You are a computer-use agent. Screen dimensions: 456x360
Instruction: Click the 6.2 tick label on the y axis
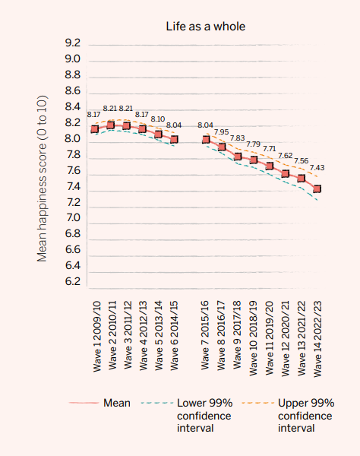coord(73,281)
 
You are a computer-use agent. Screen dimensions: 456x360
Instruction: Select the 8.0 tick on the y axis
coord(73,139)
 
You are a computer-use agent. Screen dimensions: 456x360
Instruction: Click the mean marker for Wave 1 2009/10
coord(94,129)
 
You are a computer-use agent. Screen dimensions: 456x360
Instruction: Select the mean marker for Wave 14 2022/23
coord(317,188)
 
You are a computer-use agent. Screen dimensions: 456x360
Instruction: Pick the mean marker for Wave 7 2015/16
coord(206,140)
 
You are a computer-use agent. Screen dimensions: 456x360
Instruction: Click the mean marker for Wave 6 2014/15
coord(174,139)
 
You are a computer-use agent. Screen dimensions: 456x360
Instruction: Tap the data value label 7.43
coord(317,168)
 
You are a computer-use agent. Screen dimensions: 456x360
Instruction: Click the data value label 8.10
coord(158,119)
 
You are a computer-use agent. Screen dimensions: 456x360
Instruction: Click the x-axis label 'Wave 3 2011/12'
coord(126,331)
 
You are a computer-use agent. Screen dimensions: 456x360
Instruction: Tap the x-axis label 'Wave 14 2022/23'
coord(317,334)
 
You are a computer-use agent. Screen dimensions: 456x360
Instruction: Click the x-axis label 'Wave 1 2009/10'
coord(94,331)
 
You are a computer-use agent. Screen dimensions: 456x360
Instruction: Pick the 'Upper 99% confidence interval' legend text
coord(305,415)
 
